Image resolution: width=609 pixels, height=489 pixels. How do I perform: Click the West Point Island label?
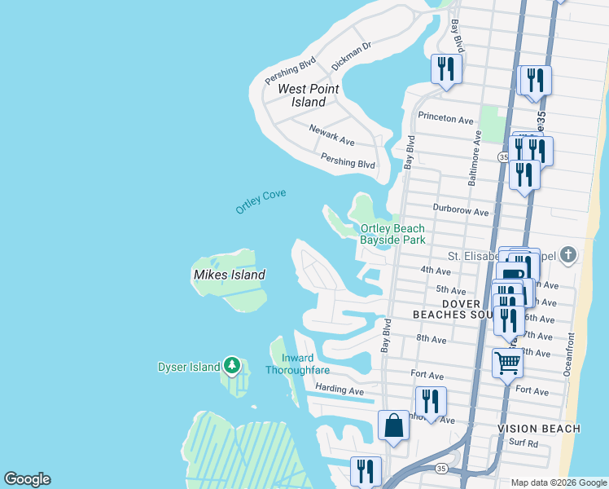[302, 95]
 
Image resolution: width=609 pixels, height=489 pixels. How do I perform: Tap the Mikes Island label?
[229, 275]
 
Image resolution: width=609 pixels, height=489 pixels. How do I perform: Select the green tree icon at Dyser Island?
[232, 366]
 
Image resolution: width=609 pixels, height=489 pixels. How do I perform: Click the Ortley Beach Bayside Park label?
[392, 235]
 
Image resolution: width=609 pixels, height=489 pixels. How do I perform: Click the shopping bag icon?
[393, 425]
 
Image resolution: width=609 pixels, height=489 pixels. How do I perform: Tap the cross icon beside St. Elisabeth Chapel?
[568, 256]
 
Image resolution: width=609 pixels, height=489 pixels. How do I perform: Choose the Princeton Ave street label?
[445, 118]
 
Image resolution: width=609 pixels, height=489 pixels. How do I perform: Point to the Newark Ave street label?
[331, 134]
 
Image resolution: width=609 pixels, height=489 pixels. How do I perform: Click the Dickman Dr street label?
[351, 56]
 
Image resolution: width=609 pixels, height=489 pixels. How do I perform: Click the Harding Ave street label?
[340, 390]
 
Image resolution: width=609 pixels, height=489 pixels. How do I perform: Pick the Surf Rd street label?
[523, 444]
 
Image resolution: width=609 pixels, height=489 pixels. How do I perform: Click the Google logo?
[27, 479]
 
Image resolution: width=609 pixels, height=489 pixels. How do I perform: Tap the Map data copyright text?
[559, 482]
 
